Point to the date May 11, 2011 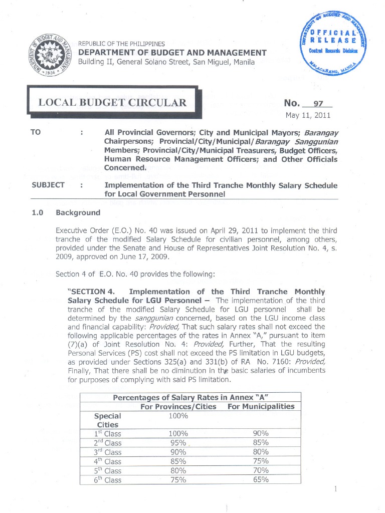coord(308,117)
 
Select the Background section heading coord(78,212)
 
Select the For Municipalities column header coord(261,406)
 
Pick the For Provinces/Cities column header coord(178,406)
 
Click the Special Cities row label coord(107,420)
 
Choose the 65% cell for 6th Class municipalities coord(261,480)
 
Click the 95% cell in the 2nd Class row coord(178,443)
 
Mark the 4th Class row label coord(108,461)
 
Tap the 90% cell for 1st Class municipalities coord(261,434)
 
